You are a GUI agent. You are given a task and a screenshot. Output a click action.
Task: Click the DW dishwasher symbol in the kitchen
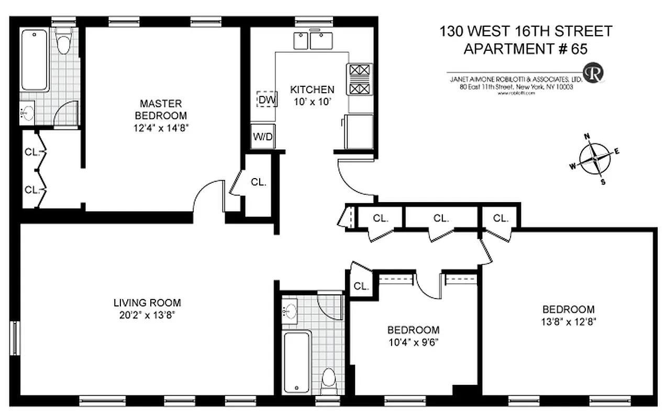(267, 98)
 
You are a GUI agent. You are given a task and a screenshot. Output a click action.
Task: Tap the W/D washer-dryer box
(263, 137)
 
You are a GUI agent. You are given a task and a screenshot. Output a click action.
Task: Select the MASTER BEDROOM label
(161, 109)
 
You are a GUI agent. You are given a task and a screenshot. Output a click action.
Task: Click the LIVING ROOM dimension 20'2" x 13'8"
(147, 315)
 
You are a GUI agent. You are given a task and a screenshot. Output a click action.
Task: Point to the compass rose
(595, 158)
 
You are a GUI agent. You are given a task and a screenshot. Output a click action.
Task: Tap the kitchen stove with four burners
(359, 79)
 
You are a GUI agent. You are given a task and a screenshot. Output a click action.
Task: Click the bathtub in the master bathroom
(35, 60)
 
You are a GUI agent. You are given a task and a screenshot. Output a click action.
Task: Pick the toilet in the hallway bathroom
(329, 378)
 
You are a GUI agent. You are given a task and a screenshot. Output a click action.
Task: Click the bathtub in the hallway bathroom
(296, 362)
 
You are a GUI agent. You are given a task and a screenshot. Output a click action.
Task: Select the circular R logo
(594, 73)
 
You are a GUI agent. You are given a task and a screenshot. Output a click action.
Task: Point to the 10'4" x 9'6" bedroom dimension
(413, 343)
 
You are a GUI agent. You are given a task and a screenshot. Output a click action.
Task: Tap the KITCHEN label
(312, 89)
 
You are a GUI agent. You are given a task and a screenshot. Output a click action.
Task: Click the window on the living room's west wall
(15, 338)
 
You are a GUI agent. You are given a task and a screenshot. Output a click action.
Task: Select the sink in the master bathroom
(28, 113)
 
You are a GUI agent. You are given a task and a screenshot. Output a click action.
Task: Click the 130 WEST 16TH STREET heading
(526, 31)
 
